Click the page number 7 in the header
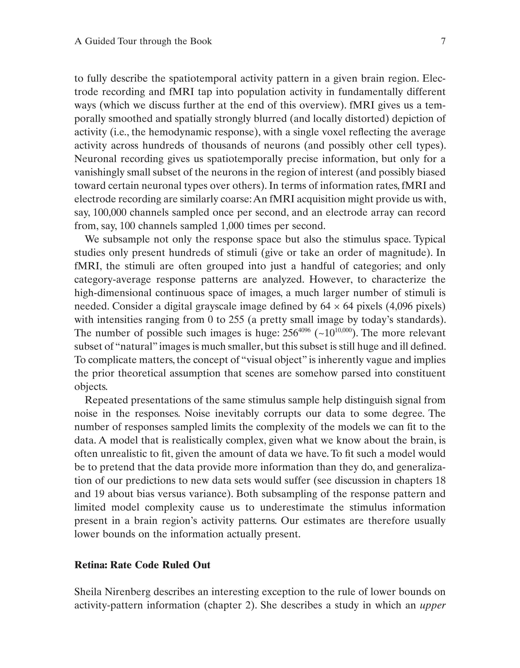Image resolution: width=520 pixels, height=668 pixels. point(443,41)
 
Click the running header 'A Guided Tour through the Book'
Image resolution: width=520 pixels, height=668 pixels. point(143,41)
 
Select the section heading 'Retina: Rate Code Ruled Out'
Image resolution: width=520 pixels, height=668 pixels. point(142,565)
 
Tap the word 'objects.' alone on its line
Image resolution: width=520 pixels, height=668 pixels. point(91,387)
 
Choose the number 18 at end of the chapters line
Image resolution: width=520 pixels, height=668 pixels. point(440,480)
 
